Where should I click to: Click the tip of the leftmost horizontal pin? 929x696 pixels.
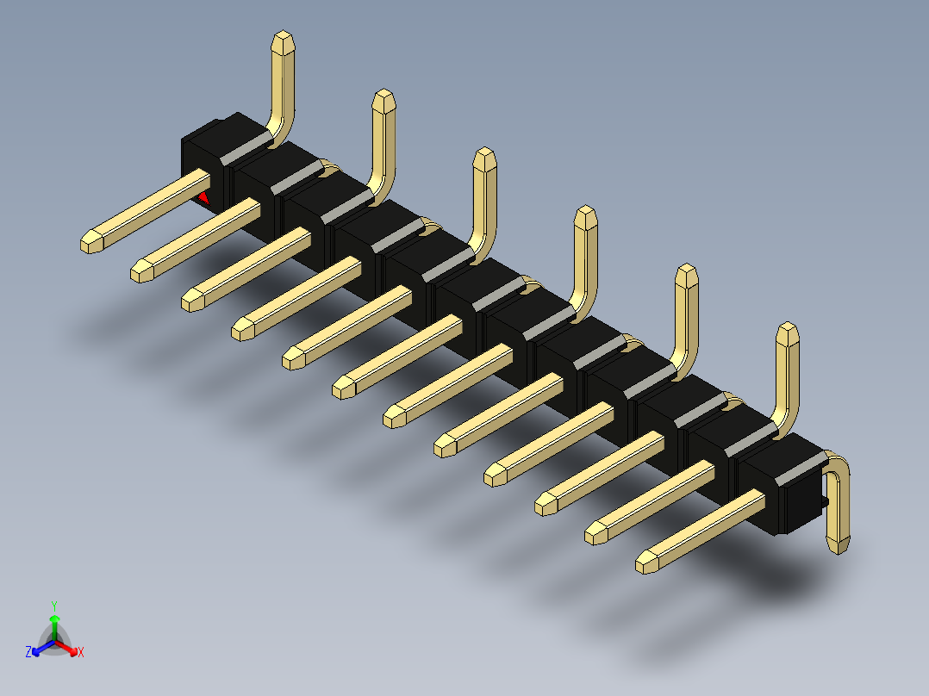click(x=90, y=242)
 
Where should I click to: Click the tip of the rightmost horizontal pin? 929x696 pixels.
click(x=645, y=563)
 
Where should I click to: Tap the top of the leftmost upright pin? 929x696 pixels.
click(x=284, y=40)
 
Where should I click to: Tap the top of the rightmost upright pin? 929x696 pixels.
click(x=787, y=331)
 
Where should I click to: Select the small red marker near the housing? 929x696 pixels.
click(x=204, y=198)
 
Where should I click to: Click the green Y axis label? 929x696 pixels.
click(x=53, y=605)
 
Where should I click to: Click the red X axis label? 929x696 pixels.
click(x=81, y=652)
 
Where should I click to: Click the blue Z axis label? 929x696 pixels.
click(x=28, y=652)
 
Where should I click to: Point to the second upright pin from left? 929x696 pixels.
click(x=384, y=138)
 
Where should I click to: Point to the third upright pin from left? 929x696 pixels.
click(x=485, y=198)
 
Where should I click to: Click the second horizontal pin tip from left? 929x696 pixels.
click(x=140, y=271)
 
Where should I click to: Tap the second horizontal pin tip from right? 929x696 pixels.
click(x=595, y=533)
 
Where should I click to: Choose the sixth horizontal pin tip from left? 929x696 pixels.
click(x=343, y=388)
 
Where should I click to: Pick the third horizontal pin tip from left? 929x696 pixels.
click(x=191, y=301)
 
